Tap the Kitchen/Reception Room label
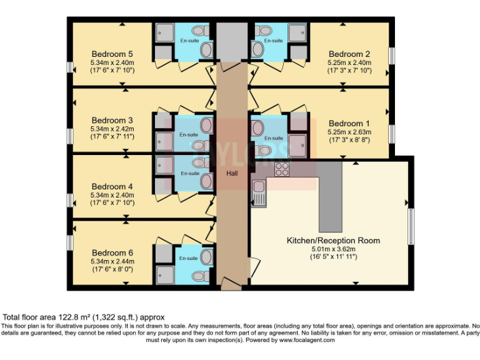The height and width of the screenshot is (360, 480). [x=333, y=240]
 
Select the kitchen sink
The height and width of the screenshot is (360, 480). [x=259, y=194]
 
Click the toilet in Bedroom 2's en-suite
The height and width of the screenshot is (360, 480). [x=261, y=30]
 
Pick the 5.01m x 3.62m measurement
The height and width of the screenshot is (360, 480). [x=333, y=249]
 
